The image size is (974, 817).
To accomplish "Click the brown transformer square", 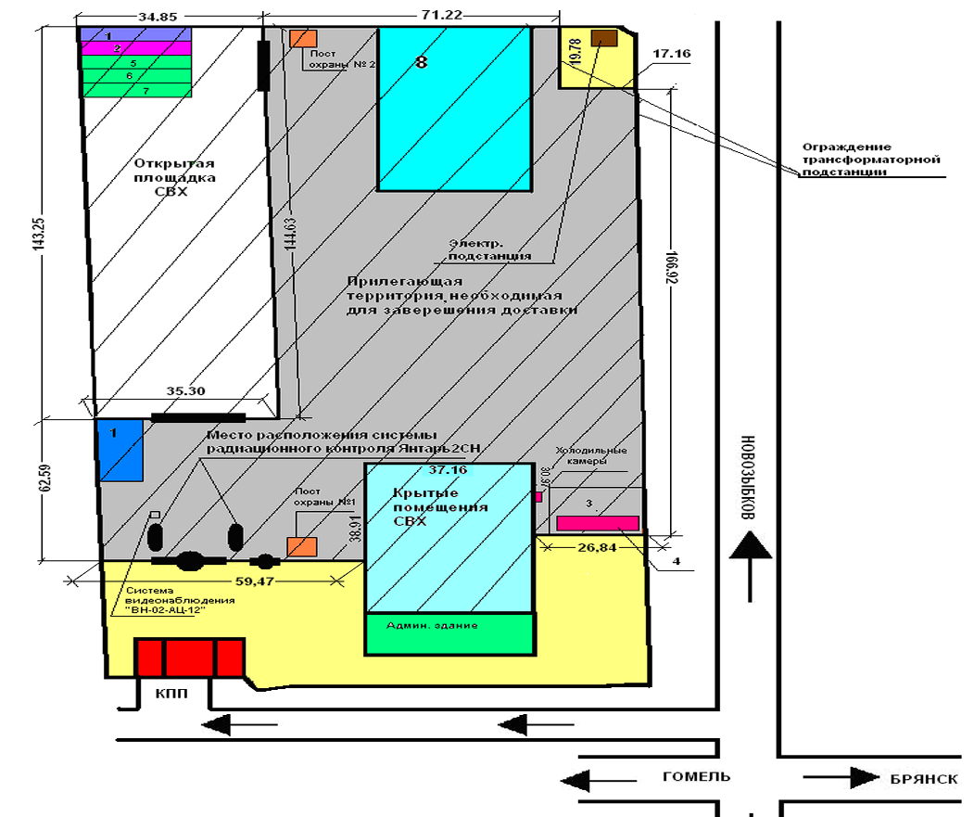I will click(x=604, y=38).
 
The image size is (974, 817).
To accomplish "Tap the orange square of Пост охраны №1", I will click(x=302, y=546).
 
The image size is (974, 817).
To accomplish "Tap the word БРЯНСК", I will click(x=922, y=778).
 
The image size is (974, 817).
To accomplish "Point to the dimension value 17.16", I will click(x=671, y=55).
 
